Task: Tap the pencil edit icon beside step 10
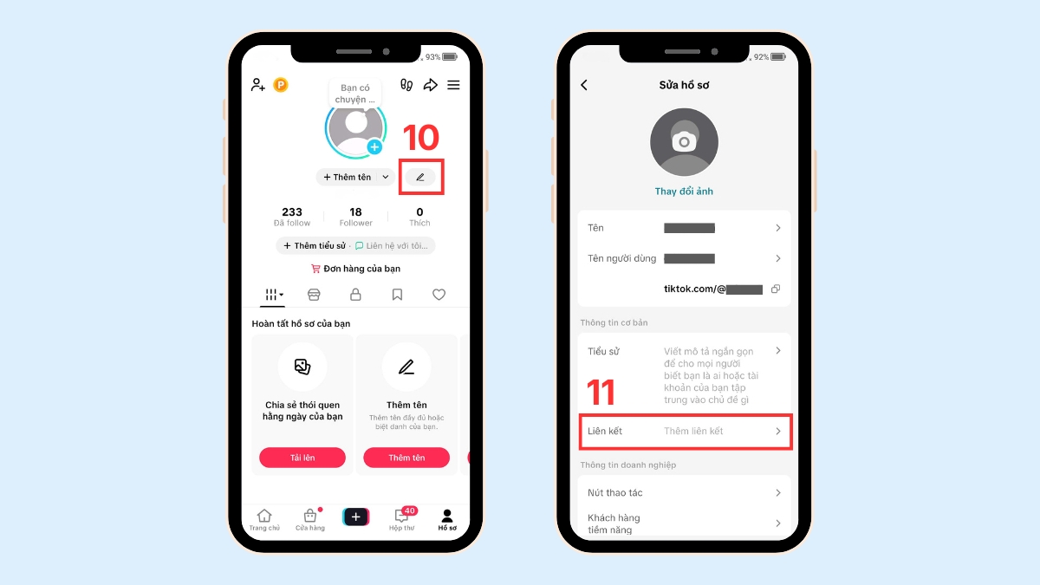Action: point(420,177)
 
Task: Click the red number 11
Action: point(601,393)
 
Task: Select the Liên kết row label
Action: point(605,432)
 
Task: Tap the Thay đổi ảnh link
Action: point(684,192)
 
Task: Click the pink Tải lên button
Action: point(302,458)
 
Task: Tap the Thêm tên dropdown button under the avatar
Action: point(354,177)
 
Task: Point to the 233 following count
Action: point(292,212)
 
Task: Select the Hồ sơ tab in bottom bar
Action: point(447,520)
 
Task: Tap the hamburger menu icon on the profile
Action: point(453,85)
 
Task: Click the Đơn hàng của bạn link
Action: point(355,269)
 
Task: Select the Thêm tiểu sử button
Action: point(315,246)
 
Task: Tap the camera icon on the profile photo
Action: point(684,141)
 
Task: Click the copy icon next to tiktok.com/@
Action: point(776,289)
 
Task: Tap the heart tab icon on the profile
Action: point(439,295)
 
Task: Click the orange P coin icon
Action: point(281,85)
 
